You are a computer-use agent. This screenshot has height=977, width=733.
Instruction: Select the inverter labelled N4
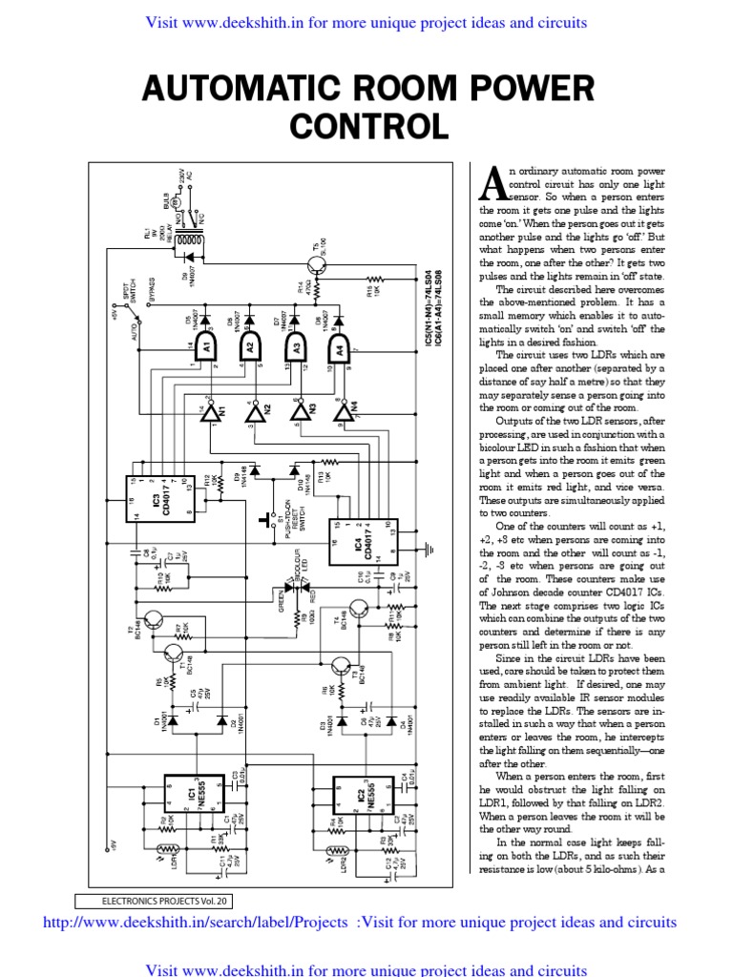344,409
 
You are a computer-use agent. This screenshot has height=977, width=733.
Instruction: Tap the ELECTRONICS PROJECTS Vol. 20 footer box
151,900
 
